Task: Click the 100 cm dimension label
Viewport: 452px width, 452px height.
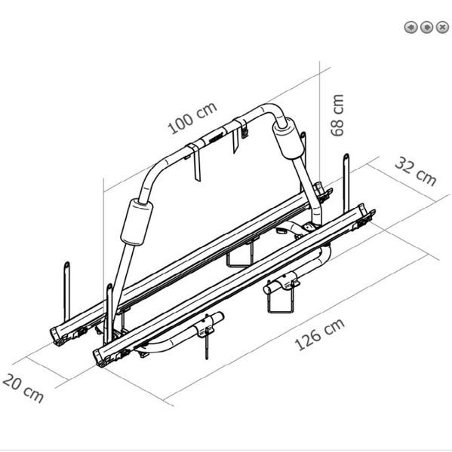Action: [192, 118]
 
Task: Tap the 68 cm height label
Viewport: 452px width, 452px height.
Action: [337, 115]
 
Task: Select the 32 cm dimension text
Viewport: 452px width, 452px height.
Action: [415, 171]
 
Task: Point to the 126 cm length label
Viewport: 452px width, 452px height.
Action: [319, 334]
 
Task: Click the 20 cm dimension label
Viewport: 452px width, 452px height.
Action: [23, 387]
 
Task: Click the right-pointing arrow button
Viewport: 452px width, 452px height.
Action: [426, 27]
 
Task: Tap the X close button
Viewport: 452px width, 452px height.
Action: [442, 27]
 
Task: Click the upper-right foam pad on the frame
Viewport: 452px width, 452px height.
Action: [288, 139]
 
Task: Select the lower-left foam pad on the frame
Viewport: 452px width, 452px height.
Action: [137, 222]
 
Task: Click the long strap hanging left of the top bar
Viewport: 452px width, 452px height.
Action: [195, 162]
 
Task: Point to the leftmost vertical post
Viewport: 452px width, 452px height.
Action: [66, 291]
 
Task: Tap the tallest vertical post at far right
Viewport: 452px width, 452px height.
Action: [346, 184]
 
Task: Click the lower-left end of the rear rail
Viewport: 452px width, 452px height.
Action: [58, 336]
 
